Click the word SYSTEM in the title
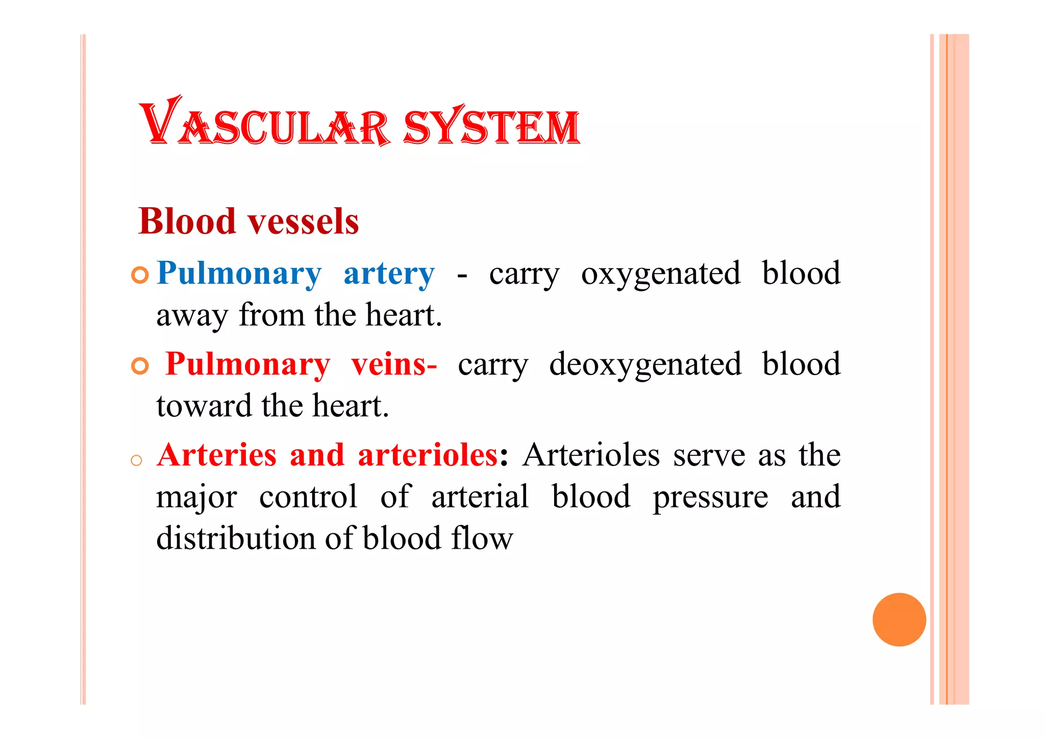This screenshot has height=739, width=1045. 492,126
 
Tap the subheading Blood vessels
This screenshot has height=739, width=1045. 248,221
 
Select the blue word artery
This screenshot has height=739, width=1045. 389,274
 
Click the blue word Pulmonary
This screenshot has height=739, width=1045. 239,274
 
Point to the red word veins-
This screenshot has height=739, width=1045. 394,364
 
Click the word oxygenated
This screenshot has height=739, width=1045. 661,274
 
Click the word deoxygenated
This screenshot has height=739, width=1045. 645,364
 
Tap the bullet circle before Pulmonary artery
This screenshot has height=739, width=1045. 139,275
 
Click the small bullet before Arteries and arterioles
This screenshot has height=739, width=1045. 136,461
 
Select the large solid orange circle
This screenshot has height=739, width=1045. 899,620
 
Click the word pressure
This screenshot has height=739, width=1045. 710,497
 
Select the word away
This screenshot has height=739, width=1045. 192,316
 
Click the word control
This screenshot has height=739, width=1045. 308,497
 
